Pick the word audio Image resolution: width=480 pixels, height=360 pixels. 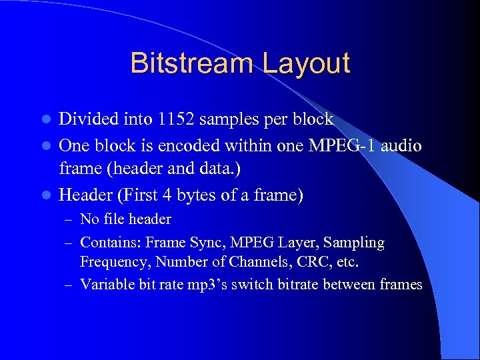[x=402, y=145]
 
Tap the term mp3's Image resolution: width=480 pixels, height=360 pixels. [x=211, y=285]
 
